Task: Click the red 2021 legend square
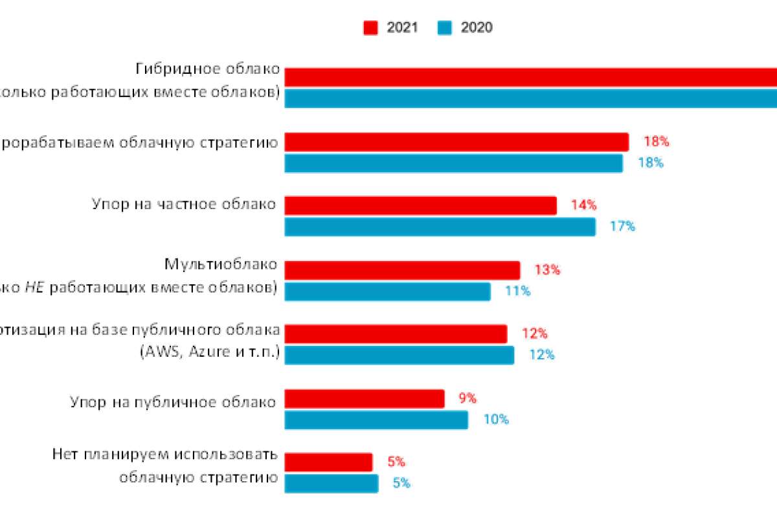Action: pos(370,28)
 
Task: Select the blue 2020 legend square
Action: pos(444,28)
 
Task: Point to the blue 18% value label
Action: pos(650,163)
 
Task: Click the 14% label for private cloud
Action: pos(583,205)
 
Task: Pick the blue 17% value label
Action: pos(622,227)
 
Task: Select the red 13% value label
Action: pos(547,270)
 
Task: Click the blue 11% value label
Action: pos(517,291)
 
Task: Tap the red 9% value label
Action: pos(467,398)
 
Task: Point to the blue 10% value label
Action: pos(496,420)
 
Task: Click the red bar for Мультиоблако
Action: pos(402,270)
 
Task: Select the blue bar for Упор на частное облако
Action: pos(440,227)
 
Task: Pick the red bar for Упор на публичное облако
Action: pos(365,399)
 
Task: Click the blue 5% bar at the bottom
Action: pos(331,484)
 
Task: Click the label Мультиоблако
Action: pos(221,264)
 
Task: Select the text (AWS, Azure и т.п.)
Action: pos(209,353)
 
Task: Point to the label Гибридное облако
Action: pos(208,69)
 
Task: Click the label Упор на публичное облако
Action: pos(173,402)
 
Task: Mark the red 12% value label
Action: pos(535,334)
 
